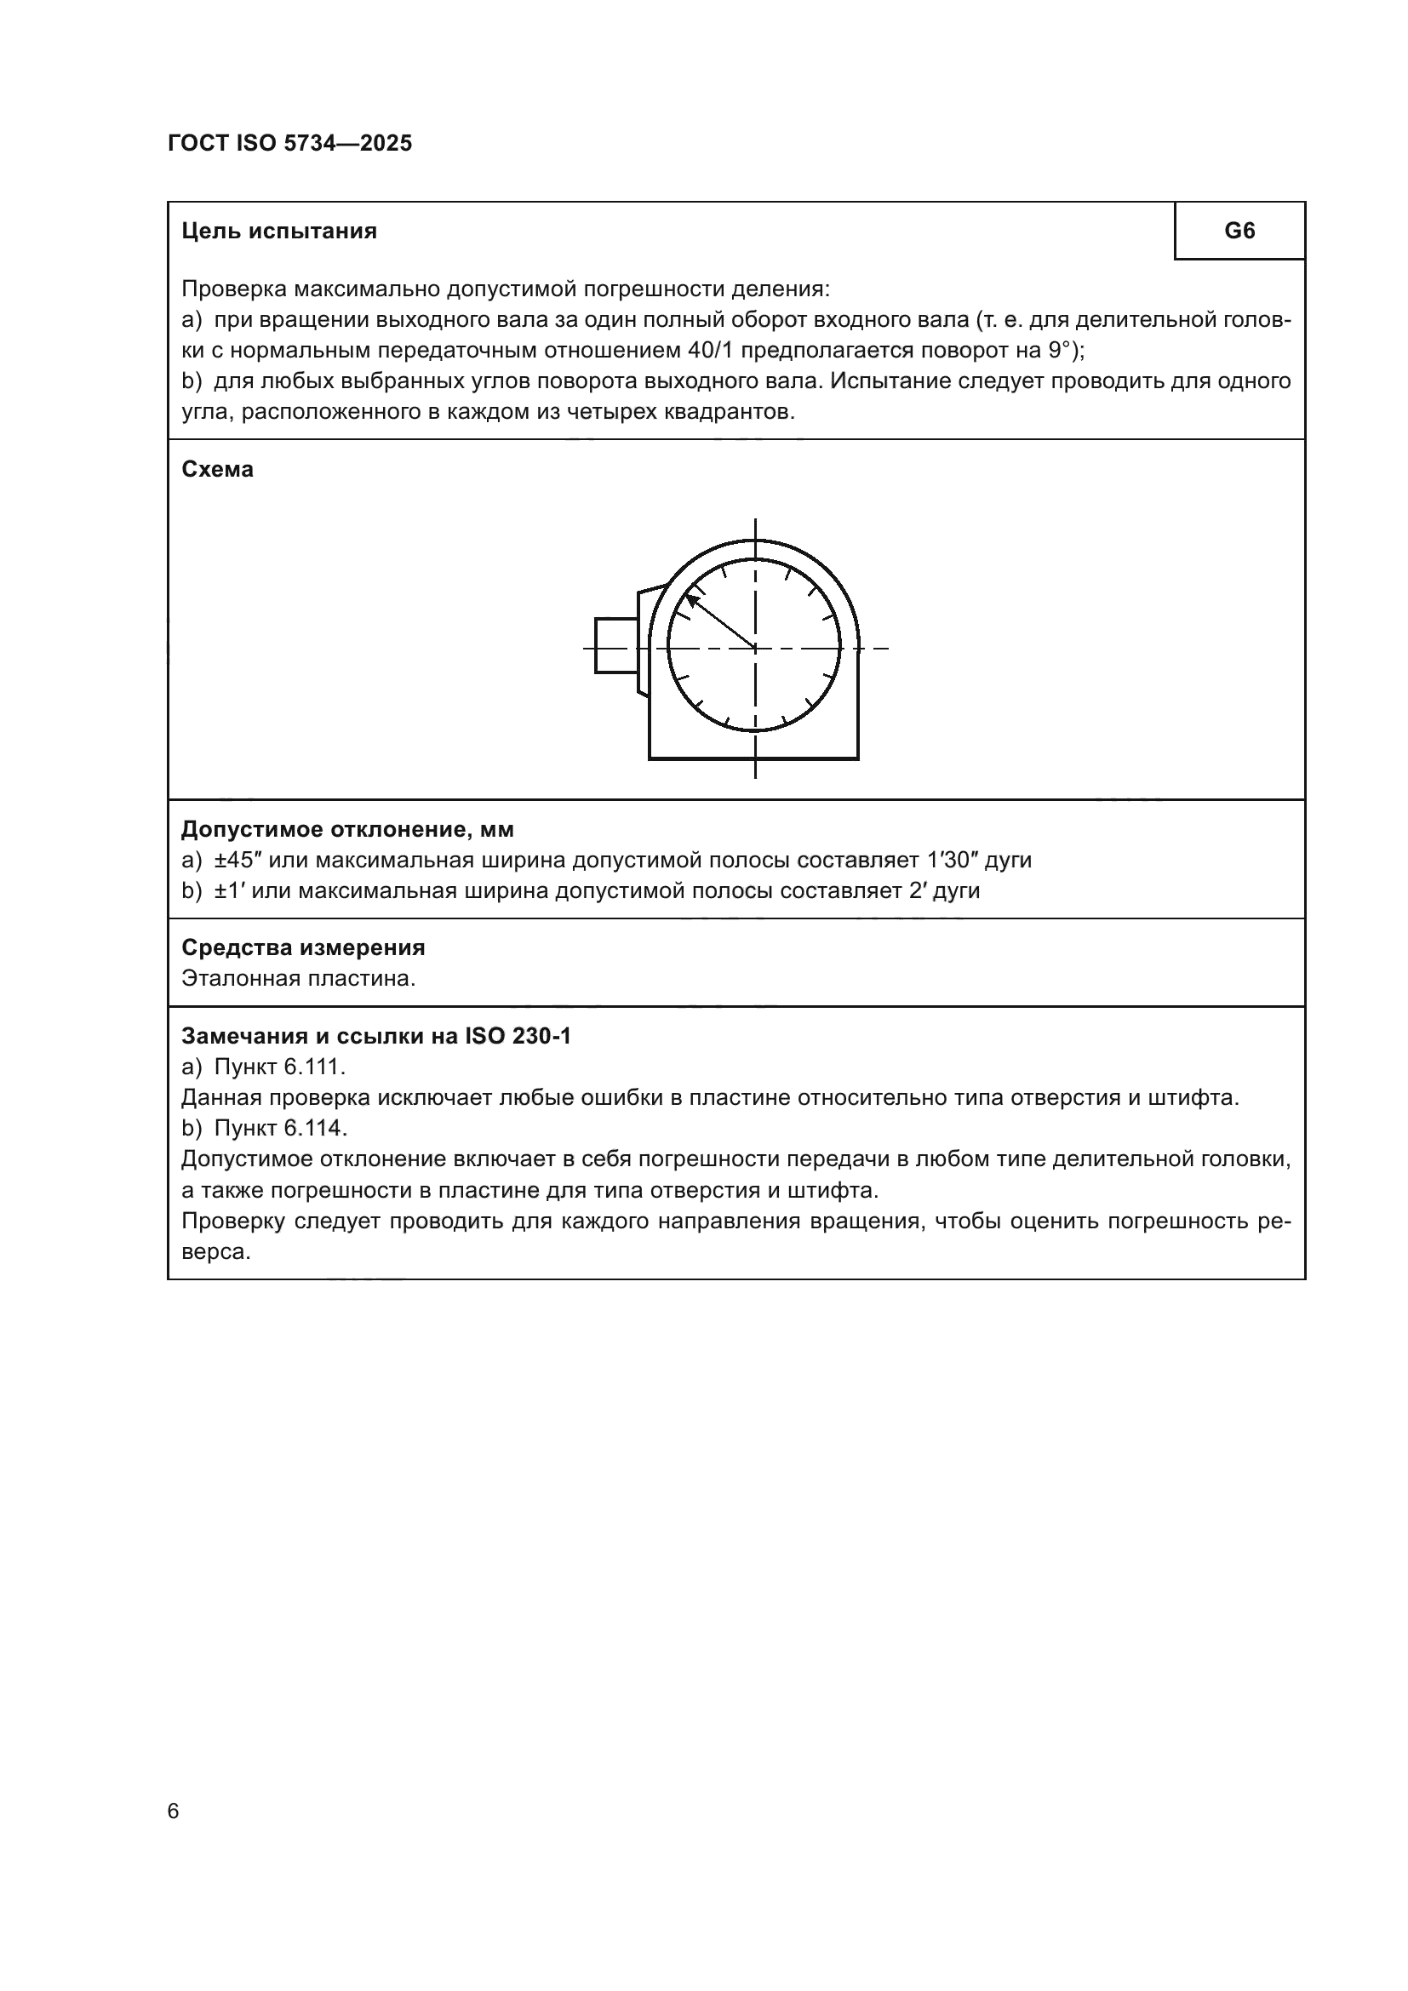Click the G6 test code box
1239,231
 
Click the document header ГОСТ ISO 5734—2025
289,144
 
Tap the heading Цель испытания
279,232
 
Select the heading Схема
218,470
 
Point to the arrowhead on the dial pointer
692,599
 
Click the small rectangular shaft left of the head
616,645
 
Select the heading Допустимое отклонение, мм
346,830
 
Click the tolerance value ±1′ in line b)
228,890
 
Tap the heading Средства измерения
302,947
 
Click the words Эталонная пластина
298,979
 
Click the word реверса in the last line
216,1252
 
